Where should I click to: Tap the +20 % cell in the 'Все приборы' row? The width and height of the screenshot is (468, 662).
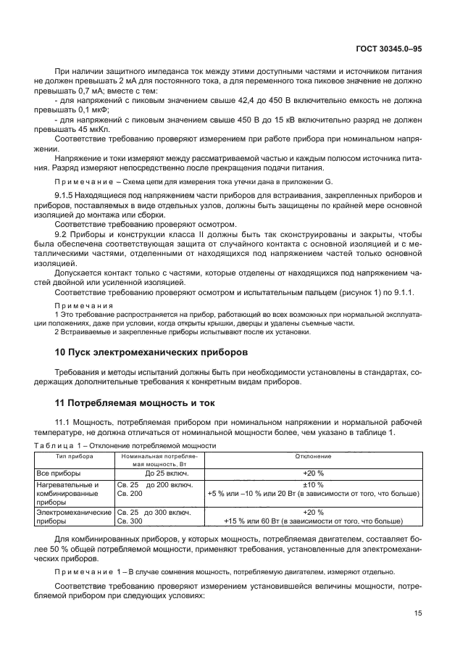click(x=314, y=472)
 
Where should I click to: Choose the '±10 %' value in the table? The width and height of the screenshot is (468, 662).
click(x=314, y=484)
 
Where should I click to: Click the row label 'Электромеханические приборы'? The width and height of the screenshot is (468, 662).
click(x=71, y=516)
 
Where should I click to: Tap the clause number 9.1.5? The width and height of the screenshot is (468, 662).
click(x=67, y=196)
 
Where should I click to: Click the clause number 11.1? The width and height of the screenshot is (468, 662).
click(x=64, y=421)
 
